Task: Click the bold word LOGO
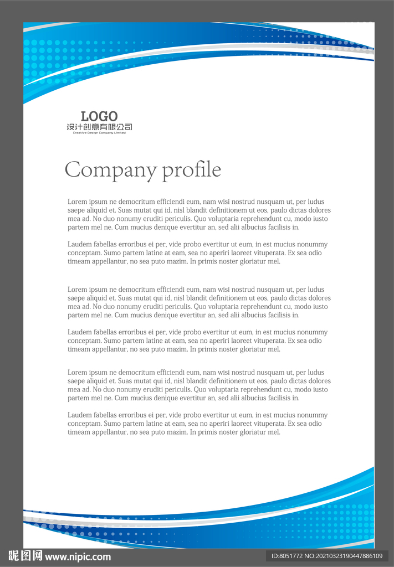99,116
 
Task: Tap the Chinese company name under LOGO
99,127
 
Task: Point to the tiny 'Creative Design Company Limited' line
99,133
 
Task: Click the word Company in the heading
110,169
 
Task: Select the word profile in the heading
191,169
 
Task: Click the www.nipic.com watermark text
78,556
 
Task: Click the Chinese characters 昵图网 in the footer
25,556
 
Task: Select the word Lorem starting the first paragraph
77,202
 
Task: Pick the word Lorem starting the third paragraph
77,290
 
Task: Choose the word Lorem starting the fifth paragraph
77,373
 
